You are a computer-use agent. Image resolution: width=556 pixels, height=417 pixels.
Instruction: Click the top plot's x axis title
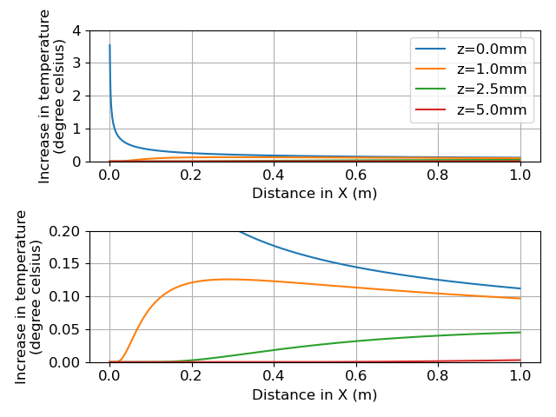tap(314, 193)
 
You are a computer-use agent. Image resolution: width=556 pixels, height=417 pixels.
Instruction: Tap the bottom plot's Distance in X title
tap(314, 394)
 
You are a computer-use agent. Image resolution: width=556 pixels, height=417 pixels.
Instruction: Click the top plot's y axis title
tap(52, 96)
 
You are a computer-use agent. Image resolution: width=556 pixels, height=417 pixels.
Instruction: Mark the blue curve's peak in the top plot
tap(109, 45)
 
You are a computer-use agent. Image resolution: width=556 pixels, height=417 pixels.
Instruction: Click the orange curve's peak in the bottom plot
tap(228, 279)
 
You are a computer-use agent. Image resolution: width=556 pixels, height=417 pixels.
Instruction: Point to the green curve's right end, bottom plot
tap(520, 332)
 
